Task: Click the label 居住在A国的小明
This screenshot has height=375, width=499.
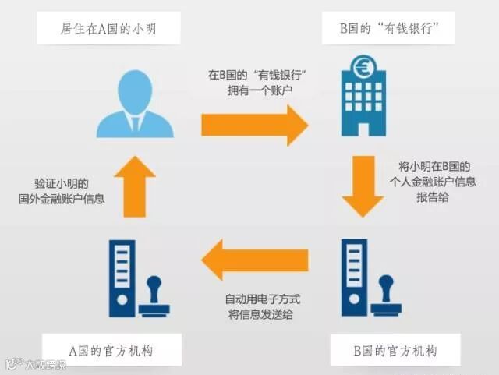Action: point(114,30)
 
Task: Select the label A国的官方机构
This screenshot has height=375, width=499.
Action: point(114,351)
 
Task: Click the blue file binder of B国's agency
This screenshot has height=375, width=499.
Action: point(355,278)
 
